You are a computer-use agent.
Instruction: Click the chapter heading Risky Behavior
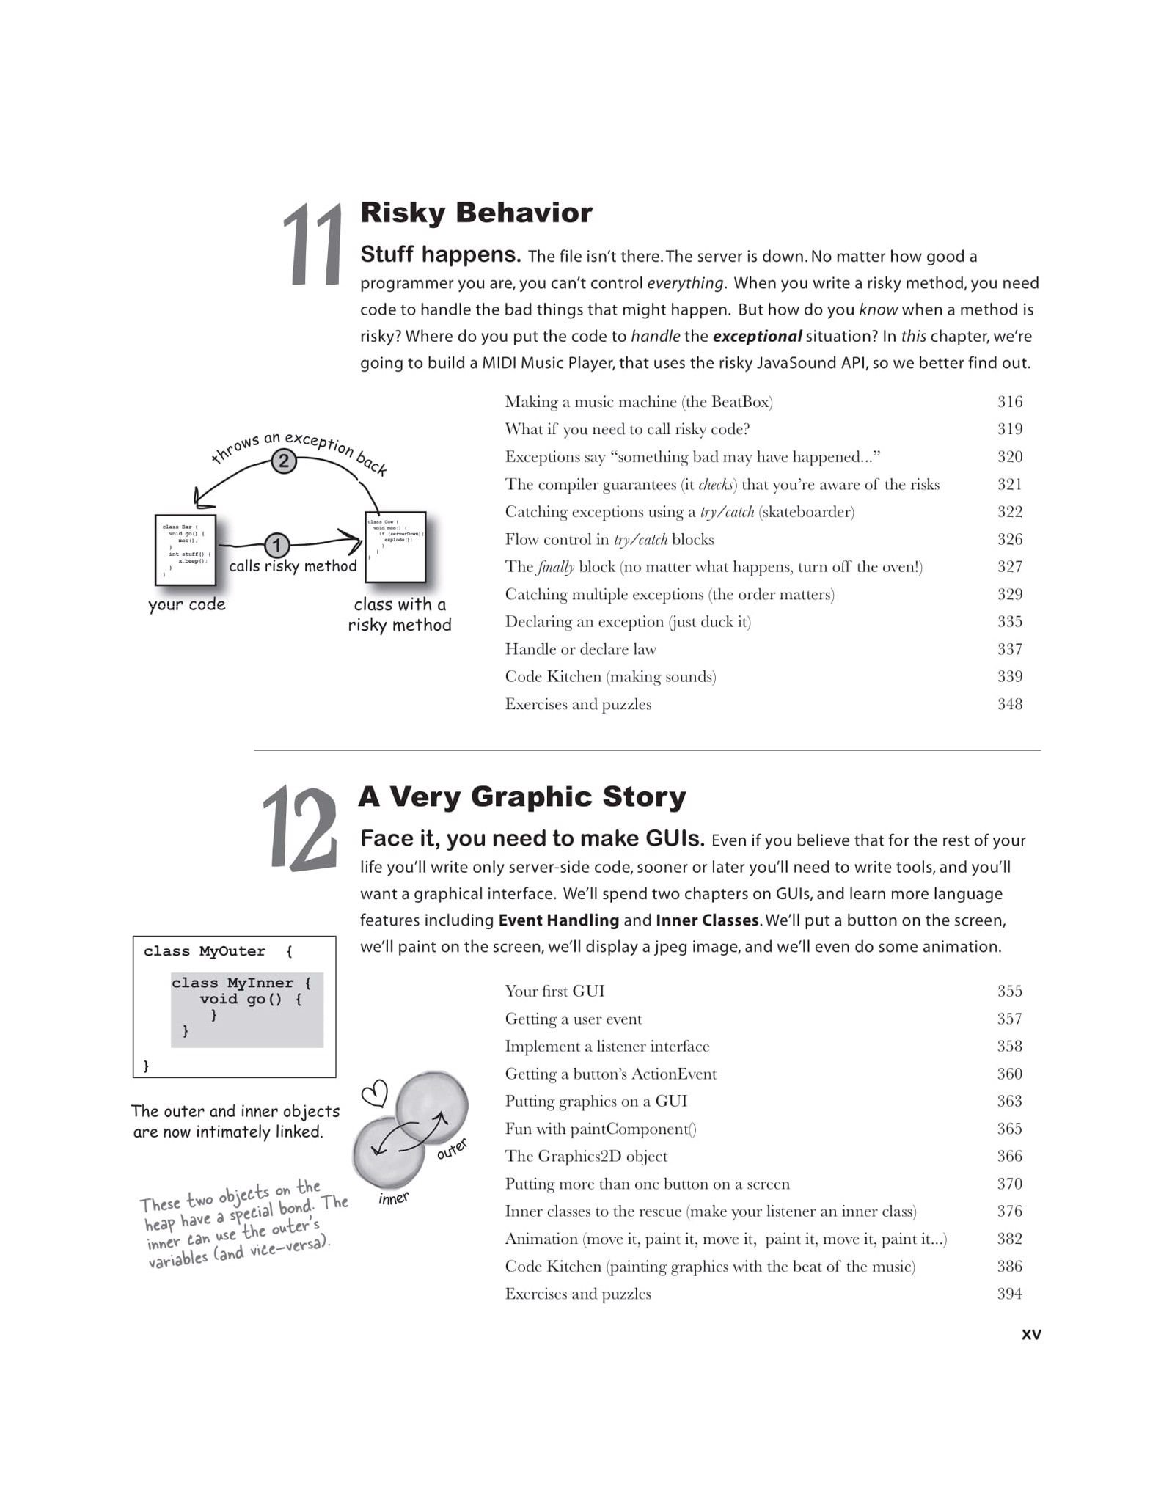pyautogui.click(x=476, y=213)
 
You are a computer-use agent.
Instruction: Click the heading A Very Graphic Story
pyautogui.click(x=522, y=796)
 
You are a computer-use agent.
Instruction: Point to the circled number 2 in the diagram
pyautogui.click(x=284, y=461)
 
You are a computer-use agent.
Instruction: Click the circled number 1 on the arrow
pyautogui.click(x=276, y=545)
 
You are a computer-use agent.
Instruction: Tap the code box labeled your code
pyautogui.click(x=186, y=549)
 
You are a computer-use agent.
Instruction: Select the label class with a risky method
pyautogui.click(x=400, y=615)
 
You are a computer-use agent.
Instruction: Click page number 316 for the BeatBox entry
pyautogui.click(x=1009, y=401)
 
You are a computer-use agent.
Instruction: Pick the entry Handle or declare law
pyautogui.click(x=580, y=649)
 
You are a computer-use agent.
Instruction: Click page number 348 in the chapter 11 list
pyautogui.click(x=1009, y=704)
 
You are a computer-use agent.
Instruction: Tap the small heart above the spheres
pyautogui.click(x=375, y=1094)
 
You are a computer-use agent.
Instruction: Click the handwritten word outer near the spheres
pyautogui.click(x=452, y=1149)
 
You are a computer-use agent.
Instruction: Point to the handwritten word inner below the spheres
pyautogui.click(x=394, y=1198)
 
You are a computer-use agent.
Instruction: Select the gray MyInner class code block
pyautogui.click(x=247, y=1010)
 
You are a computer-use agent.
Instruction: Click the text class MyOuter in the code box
pyautogui.click(x=205, y=951)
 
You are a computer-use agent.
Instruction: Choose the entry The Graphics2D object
pyautogui.click(x=586, y=1156)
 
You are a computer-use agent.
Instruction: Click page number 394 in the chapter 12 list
pyautogui.click(x=1009, y=1294)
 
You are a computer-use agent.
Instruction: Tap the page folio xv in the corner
pyautogui.click(x=1030, y=1334)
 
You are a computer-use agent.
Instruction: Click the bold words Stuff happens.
pyautogui.click(x=440, y=254)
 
